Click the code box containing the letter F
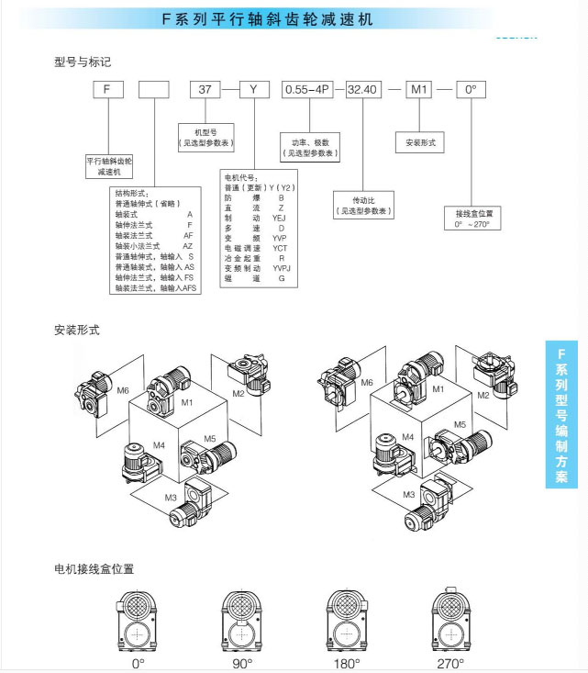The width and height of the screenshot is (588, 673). point(107,90)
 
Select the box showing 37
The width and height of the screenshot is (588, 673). point(205,90)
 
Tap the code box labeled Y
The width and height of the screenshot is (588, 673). point(253,90)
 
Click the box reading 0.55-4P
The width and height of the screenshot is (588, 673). point(308,90)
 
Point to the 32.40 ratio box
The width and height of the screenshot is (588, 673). point(362,90)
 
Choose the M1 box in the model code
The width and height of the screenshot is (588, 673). point(419,90)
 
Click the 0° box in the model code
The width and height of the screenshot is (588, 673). point(472,90)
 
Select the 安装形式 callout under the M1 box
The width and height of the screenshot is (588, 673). point(419,143)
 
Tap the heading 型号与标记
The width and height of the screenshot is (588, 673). point(83,62)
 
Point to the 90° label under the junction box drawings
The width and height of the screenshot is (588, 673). point(243,663)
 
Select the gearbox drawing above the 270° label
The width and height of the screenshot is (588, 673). point(450,619)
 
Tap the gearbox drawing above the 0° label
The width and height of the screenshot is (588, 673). point(138,619)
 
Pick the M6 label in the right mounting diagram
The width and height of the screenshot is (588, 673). point(367,383)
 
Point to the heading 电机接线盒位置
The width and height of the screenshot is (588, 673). point(94,569)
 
